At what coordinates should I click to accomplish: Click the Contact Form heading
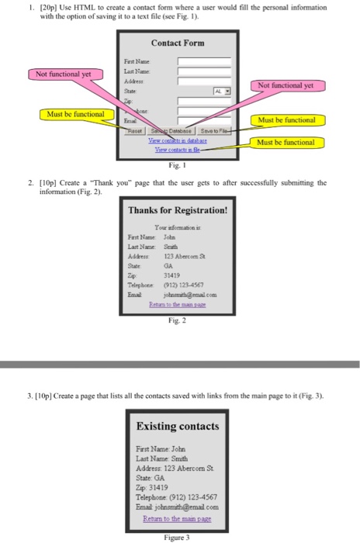pyautogui.click(x=178, y=43)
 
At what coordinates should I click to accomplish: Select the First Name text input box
pyautogui.click(x=205, y=61)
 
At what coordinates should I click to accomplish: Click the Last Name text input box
pyautogui.click(x=205, y=70)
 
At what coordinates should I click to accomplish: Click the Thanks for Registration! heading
pyautogui.click(x=178, y=209)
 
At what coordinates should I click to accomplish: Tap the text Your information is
pyautogui.click(x=178, y=228)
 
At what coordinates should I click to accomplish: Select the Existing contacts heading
pyautogui.click(x=178, y=426)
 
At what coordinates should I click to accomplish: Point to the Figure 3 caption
pyautogui.click(x=178, y=536)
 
